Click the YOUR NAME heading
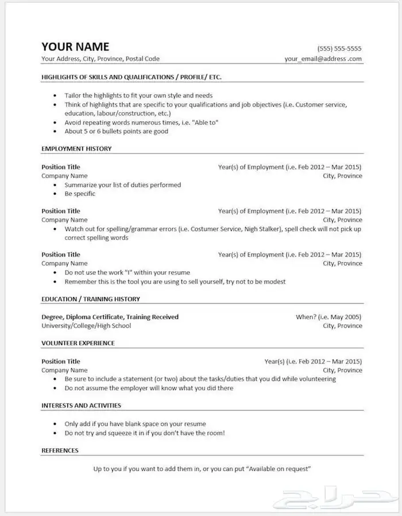(75, 47)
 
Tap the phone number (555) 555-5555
(339, 48)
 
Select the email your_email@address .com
(323, 59)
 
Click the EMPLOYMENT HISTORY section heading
(76, 149)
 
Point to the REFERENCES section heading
(60, 450)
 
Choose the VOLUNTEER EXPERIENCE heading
(78, 343)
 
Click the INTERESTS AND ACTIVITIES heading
(81, 405)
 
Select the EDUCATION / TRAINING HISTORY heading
(91, 299)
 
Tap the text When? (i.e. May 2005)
(328, 317)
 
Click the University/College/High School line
(86, 326)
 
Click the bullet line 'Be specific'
(80, 194)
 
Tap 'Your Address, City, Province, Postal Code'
(100, 59)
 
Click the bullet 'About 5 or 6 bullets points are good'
(117, 131)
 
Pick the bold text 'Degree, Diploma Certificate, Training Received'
(110, 317)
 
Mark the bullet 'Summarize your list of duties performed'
(122, 185)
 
